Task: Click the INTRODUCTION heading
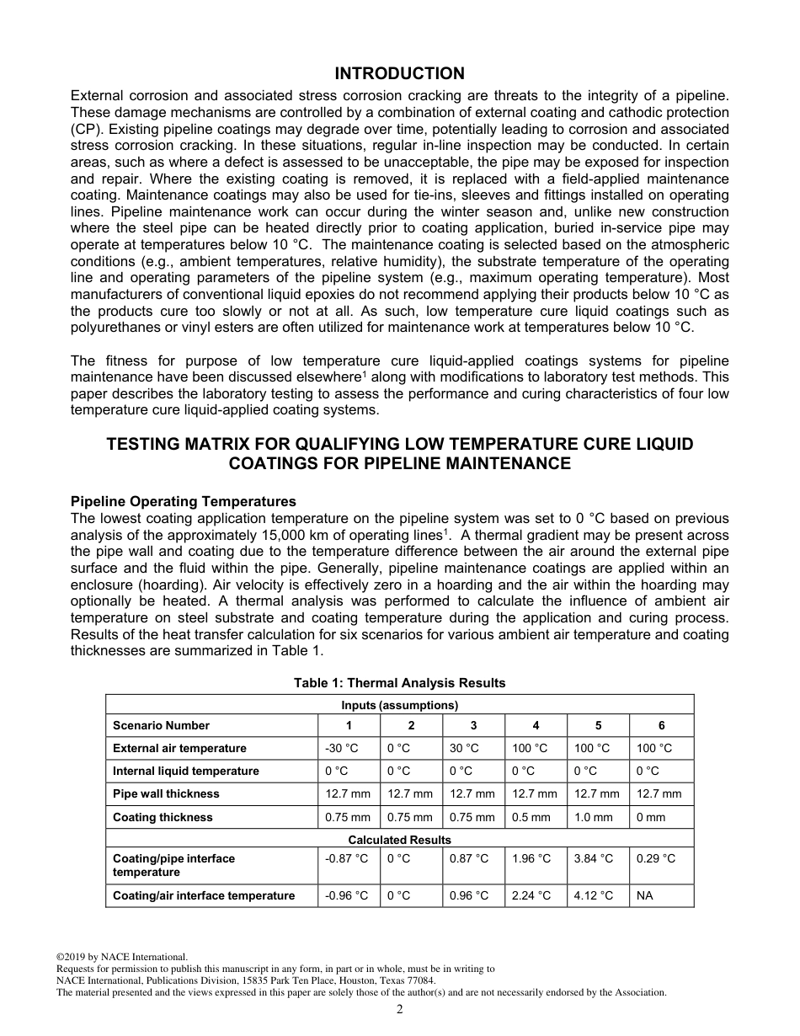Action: pyautogui.click(x=399, y=74)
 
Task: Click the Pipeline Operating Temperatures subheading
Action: pyautogui.click(x=184, y=501)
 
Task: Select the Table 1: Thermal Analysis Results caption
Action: pyautogui.click(x=399, y=682)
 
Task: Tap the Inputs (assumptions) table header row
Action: pyautogui.click(x=399, y=705)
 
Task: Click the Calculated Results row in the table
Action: pyautogui.click(x=399, y=840)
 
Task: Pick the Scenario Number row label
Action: pyautogui.click(x=162, y=725)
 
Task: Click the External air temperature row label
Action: pyautogui.click(x=180, y=748)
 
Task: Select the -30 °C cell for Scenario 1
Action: pyautogui.click(x=341, y=748)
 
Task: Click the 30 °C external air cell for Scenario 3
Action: pyautogui.click(x=464, y=748)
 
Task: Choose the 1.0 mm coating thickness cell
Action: pyautogui.click(x=594, y=817)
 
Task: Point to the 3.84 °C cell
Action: pyautogui.click(x=594, y=858)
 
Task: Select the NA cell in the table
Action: pyautogui.click(x=645, y=895)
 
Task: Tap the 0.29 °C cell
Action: pyautogui.click(x=656, y=858)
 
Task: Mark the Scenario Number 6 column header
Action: pyautogui.click(x=662, y=725)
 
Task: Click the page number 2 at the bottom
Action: pyautogui.click(x=400, y=1010)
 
